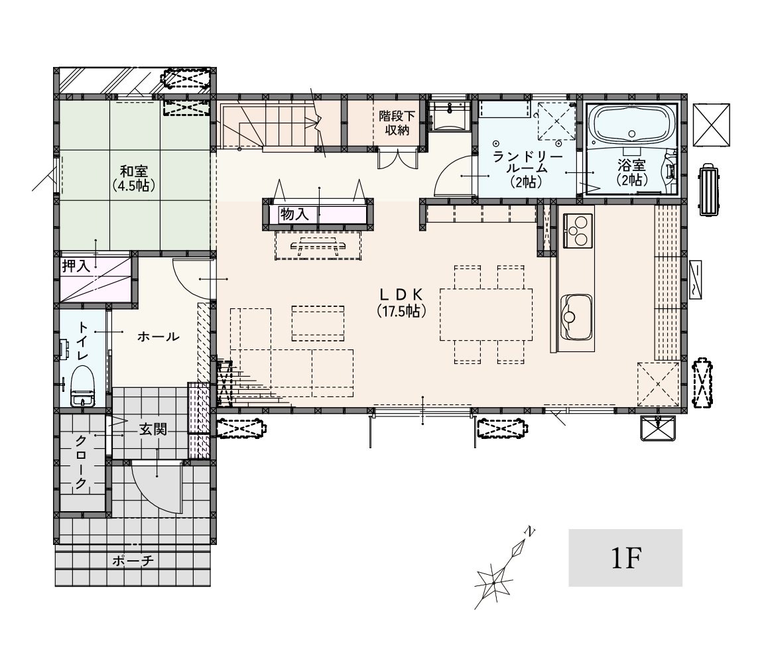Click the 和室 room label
click(x=134, y=172)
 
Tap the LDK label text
click(x=401, y=294)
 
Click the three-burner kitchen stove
click(x=578, y=231)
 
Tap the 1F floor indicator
click(x=625, y=558)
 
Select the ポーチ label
click(x=133, y=561)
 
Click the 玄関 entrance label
click(x=153, y=429)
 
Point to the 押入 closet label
click(x=76, y=266)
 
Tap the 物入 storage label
click(x=294, y=214)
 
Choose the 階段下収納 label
click(x=397, y=123)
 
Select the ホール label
click(x=159, y=337)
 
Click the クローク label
click(x=81, y=462)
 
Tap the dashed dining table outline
click(x=485, y=315)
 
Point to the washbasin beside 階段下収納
click(x=449, y=116)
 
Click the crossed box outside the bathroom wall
click(x=712, y=124)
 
